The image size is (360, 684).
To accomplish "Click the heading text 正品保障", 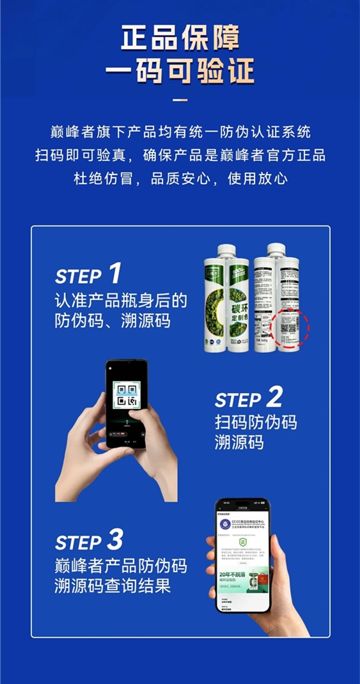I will pos(180,38).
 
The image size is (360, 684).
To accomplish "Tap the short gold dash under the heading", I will pos(180,100).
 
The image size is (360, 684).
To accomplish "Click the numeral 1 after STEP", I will pos(114,274).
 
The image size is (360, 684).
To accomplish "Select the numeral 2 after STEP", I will pos(274,398).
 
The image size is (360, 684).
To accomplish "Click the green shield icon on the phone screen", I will pos(242,541).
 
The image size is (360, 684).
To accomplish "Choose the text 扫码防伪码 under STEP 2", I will pos(256,423).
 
